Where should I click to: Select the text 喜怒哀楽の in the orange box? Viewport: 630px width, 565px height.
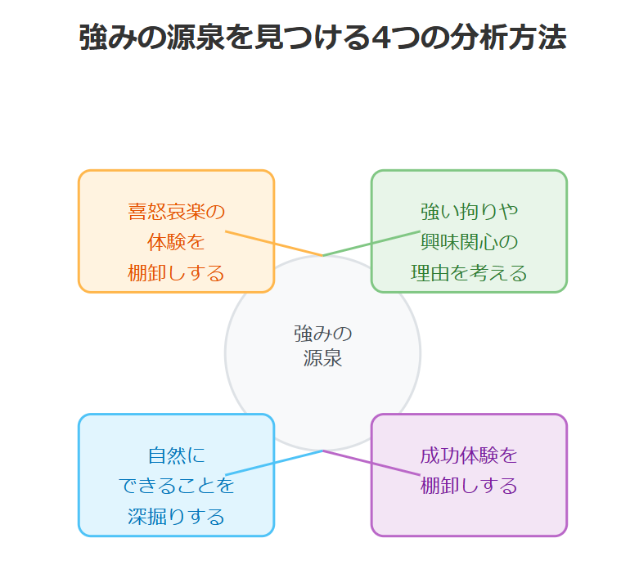click(176, 212)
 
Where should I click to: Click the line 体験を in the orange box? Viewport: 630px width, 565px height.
click(176, 242)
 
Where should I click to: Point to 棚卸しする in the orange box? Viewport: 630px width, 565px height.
click(176, 272)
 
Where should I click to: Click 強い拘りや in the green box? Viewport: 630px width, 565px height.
click(469, 212)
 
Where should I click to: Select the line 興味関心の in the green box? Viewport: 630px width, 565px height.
click(469, 242)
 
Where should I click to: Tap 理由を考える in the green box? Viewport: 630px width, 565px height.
click(469, 272)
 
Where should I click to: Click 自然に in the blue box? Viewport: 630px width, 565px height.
click(176, 455)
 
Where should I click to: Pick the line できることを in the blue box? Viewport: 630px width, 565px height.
click(176, 486)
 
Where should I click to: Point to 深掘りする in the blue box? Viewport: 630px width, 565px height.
click(176, 516)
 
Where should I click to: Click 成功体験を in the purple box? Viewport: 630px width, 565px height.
click(469, 455)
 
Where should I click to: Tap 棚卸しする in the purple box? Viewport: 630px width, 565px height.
click(469, 486)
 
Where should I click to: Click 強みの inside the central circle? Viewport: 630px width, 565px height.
click(322, 334)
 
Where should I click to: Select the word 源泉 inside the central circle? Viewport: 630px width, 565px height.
click(322, 358)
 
